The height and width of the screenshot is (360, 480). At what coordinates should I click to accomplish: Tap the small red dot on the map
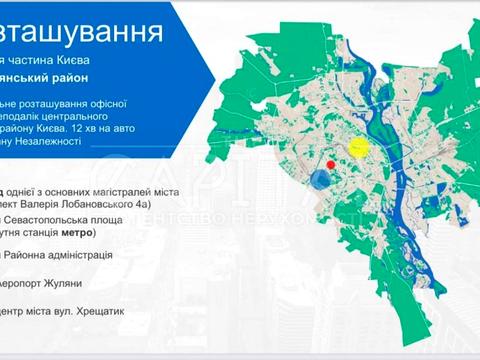[330, 164]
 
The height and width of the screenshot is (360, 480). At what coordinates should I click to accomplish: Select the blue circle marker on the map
[320, 179]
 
